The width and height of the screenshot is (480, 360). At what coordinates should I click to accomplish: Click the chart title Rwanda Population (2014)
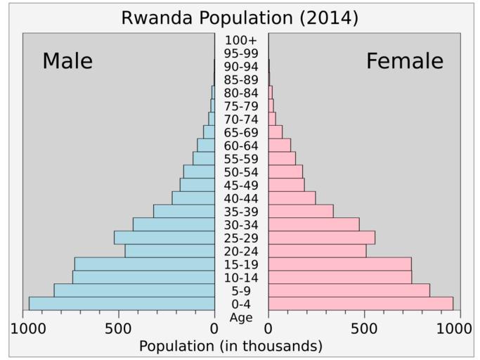click(x=240, y=18)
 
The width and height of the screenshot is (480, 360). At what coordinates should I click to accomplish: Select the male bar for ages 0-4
click(x=122, y=303)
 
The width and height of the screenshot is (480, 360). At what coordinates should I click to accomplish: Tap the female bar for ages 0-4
click(x=361, y=303)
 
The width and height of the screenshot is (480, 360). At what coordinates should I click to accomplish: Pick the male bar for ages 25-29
click(x=164, y=238)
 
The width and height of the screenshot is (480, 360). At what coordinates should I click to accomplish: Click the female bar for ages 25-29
click(x=321, y=238)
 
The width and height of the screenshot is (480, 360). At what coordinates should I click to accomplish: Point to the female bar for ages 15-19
click(x=339, y=264)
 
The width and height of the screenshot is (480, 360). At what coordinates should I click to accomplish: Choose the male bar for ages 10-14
click(x=143, y=277)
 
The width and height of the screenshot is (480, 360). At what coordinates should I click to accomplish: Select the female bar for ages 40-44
click(x=292, y=198)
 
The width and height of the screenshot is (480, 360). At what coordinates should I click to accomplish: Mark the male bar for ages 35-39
click(x=184, y=211)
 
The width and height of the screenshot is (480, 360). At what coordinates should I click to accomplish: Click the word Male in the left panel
click(x=67, y=61)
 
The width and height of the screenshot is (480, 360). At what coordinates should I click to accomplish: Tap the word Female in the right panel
click(x=404, y=61)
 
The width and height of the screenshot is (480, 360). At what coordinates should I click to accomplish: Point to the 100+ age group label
click(x=241, y=40)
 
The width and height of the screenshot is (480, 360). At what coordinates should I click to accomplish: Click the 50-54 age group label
click(x=241, y=172)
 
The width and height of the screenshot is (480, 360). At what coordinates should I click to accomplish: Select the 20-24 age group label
click(x=241, y=251)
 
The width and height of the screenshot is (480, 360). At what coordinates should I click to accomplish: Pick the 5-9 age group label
click(x=241, y=291)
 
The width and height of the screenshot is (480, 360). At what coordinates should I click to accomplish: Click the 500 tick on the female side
click(x=364, y=328)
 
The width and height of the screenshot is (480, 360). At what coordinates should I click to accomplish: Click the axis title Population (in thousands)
click(x=231, y=346)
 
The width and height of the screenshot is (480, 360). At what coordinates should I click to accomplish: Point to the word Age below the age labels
click(x=241, y=317)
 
